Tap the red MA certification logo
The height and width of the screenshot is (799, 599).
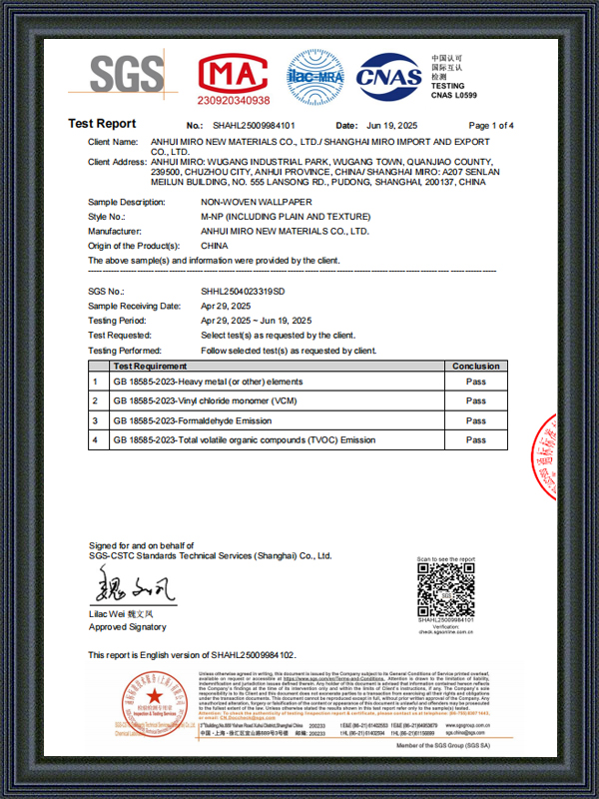coord(234,73)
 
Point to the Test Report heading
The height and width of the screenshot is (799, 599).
coord(102,124)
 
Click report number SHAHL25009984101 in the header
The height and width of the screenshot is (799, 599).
coord(255,126)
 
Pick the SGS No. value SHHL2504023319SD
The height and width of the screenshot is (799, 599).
coord(243,291)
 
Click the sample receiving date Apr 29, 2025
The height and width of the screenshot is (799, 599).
coord(224,306)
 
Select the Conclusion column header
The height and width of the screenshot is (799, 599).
coord(476,367)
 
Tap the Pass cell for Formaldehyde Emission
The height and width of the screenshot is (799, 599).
coord(476,420)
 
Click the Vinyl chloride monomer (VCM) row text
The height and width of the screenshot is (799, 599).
coord(212,400)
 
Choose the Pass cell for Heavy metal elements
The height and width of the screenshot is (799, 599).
coord(476,382)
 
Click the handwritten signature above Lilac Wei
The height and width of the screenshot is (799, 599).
coord(135,585)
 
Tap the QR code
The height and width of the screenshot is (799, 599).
coord(445,590)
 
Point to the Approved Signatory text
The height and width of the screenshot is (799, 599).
coord(122,627)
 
